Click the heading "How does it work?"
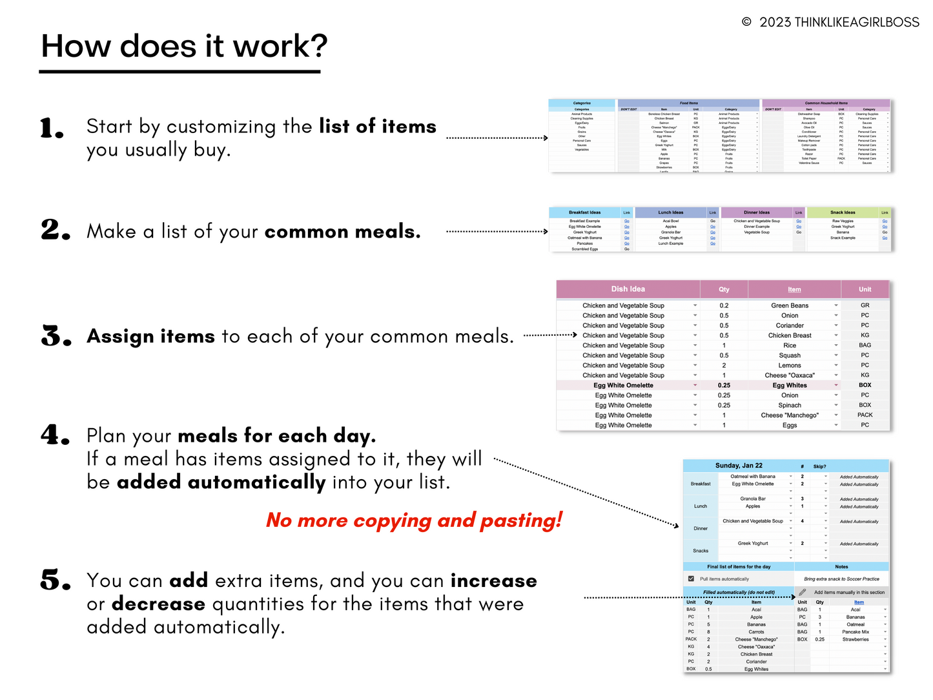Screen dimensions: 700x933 click(x=184, y=46)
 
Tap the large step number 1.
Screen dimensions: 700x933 click(x=52, y=128)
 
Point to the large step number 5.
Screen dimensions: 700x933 click(x=56, y=581)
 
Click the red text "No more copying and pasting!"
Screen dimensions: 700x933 click(x=414, y=520)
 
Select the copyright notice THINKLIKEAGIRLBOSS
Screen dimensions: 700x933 click(x=831, y=23)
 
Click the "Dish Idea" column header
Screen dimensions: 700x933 click(x=628, y=289)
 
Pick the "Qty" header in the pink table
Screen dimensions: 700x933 click(x=724, y=290)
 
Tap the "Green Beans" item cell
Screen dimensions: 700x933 click(x=789, y=305)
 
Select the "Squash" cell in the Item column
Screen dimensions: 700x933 click(x=789, y=355)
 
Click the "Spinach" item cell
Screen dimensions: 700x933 click(x=789, y=406)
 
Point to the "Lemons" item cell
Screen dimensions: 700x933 click(x=789, y=365)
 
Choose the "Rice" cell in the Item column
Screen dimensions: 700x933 click(x=789, y=345)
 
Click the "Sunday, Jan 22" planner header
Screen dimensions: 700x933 click(x=739, y=466)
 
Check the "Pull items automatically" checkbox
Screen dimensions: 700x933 click(x=691, y=579)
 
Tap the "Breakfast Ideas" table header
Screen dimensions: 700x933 click(x=584, y=212)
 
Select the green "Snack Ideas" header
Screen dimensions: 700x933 click(x=843, y=212)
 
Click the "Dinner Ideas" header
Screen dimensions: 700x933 click(x=756, y=212)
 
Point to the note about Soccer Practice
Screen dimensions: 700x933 click(x=841, y=579)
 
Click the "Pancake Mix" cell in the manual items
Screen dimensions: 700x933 click(x=856, y=632)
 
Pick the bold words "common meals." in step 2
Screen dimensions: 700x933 click(x=342, y=232)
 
